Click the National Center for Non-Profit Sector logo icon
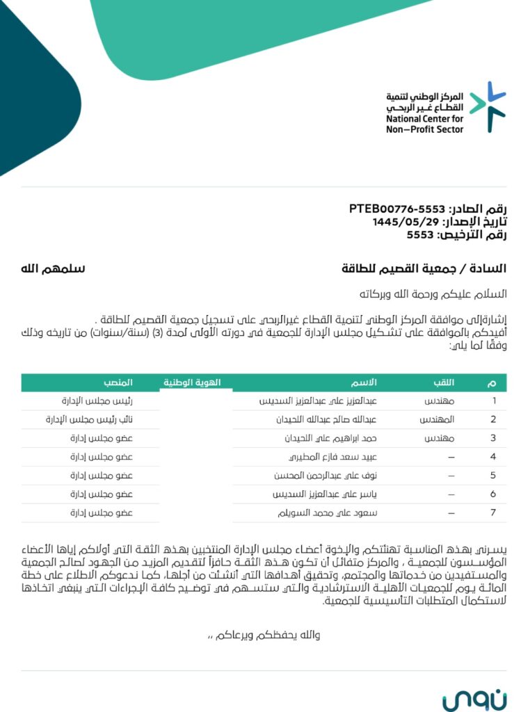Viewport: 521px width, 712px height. coord(486,108)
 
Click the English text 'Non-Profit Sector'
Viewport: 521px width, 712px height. coord(424,129)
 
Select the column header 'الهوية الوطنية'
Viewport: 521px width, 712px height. coord(192,382)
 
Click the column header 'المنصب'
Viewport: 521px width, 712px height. coord(118,382)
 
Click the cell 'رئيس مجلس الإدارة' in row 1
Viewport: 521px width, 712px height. coord(102,401)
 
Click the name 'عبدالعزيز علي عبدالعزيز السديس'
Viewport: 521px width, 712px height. coord(317,401)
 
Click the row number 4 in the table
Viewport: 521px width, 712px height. coord(492,457)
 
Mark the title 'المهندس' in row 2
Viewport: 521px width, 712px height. coord(438,420)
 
